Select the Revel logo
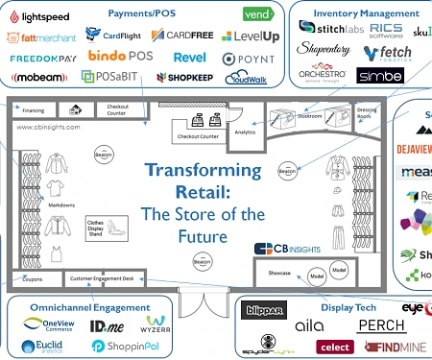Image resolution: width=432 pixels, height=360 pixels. (x=190, y=58)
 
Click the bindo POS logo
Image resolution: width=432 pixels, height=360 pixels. (x=120, y=58)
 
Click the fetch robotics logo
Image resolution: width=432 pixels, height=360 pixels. (x=391, y=51)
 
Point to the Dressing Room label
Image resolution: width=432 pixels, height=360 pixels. (x=365, y=112)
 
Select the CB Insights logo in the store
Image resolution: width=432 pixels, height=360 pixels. (x=288, y=249)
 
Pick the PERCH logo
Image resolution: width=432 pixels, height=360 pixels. (x=381, y=325)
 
